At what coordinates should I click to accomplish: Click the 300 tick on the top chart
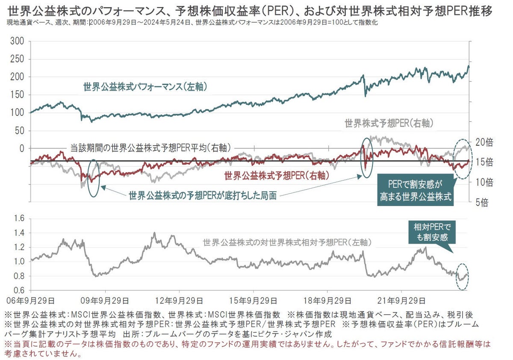(x=18, y=41)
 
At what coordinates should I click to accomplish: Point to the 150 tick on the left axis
(x=18, y=95)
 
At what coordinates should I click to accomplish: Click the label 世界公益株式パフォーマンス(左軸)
(x=145, y=87)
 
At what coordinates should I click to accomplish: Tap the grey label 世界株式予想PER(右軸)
(x=389, y=123)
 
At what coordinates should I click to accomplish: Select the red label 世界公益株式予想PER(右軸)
(x=276, y=175)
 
